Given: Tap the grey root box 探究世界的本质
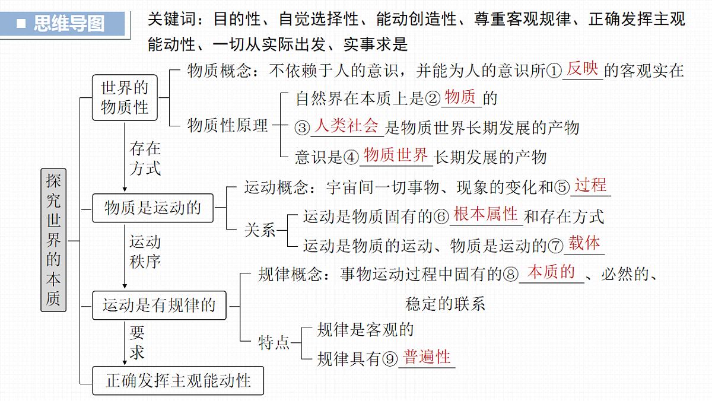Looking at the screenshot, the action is [53, 240].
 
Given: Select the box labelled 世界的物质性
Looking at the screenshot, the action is [125, 97].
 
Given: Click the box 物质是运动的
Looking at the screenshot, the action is [152, 208].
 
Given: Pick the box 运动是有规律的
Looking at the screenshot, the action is [159, 305].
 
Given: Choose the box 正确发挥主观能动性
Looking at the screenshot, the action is [178, 380].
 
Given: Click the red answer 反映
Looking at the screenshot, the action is [582, 69].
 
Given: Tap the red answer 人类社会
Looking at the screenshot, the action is [347, 126].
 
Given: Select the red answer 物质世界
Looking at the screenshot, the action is [396, 155].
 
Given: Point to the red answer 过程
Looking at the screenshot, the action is [590, 185].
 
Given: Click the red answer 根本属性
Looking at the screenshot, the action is [486, 214].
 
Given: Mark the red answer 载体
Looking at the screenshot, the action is [584, 243].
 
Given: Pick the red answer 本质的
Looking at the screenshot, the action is [551, 272].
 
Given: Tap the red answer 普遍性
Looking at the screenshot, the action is [427, 357].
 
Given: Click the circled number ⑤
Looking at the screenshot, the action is [562, 187].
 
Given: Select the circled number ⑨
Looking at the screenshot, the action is [390, 359].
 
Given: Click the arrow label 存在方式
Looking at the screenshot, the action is [145, 158].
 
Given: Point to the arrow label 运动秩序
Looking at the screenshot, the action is [145, 252].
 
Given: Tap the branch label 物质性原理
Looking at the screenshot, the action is [228, 125].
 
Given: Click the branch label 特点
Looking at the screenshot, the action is [274, 342].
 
